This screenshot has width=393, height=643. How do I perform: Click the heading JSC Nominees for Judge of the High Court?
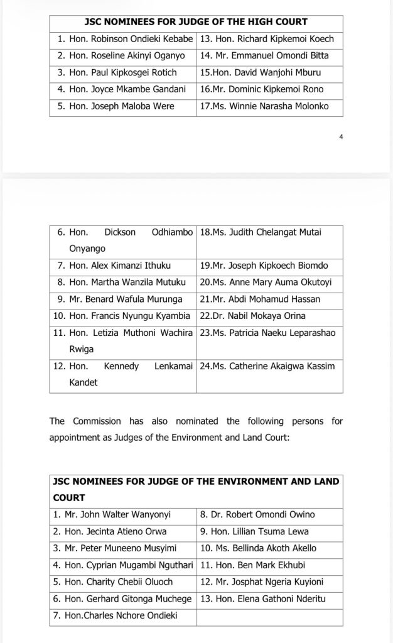click(x=196, y=23)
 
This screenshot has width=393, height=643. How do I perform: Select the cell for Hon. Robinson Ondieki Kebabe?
click(x=123, y=39)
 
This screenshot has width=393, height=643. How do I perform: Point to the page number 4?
click(x=341, y=136)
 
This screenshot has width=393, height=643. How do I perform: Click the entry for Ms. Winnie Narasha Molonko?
click(x=270, y=107)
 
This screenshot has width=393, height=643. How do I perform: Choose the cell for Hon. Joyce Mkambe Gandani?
click(x=123, y=90)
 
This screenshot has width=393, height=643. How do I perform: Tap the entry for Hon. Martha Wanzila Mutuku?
click(x=123, y=283)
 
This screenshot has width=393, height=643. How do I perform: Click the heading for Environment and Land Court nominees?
click(x=196, y=489)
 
